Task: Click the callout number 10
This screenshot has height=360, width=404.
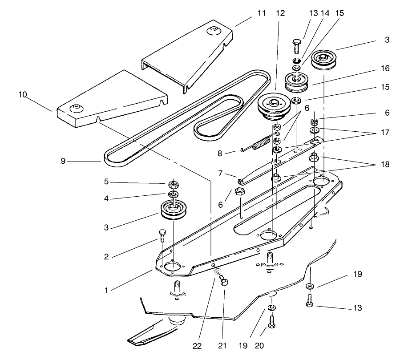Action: (23, 95)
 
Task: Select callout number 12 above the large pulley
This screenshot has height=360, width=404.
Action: (280, 13)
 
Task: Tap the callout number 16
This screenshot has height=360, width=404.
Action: (385, 69)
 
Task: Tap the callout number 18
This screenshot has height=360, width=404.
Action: (385, 164)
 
